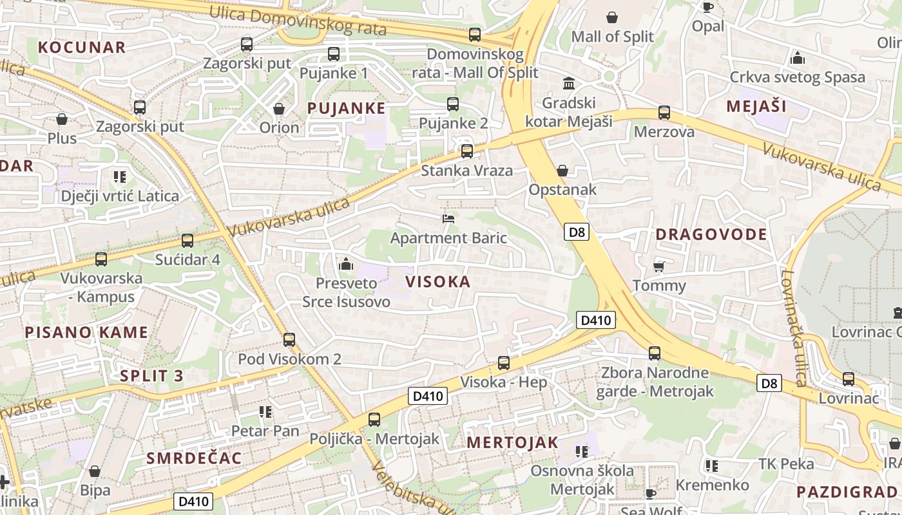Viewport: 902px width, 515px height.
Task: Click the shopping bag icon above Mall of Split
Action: click(x=611, y=17)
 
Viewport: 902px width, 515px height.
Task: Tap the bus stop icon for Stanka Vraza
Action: click(x=467, y=151)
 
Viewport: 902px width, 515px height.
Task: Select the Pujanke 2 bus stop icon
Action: click(x=453, y=104)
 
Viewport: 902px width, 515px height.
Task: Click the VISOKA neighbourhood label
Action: click(x=438, y=281)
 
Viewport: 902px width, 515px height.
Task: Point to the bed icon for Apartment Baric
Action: click(x=448, y=219)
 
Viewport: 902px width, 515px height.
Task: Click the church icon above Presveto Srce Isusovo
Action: click(x=346, y=264)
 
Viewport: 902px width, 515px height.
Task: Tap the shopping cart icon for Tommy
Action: click(x=658, y=267)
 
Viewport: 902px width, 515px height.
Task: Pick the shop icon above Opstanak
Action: click(x=562, y=171)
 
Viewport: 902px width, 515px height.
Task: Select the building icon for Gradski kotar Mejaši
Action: click(x=569, y=84)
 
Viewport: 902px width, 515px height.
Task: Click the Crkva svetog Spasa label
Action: click(x=797, y=77)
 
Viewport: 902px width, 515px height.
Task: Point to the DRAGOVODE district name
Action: click(x=711, y=234)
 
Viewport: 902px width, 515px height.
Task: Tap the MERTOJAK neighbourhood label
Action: click(x=512, y=442)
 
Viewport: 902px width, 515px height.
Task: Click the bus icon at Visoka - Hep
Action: click(x=504, y=363)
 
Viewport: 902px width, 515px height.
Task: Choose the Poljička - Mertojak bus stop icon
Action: click(x=374, y=420)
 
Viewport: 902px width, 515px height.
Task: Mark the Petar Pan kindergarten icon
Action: click(x=265, y=411)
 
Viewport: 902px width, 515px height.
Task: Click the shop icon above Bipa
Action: click(x=95, y=471)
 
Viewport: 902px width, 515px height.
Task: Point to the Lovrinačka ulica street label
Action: click(x=793, y=328)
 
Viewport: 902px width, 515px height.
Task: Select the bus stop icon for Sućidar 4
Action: click(x=187, y=241)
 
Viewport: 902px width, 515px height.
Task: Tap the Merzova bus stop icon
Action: click(x=664, y=113)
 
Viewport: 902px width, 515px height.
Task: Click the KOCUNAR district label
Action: click(x=82, y=47)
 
